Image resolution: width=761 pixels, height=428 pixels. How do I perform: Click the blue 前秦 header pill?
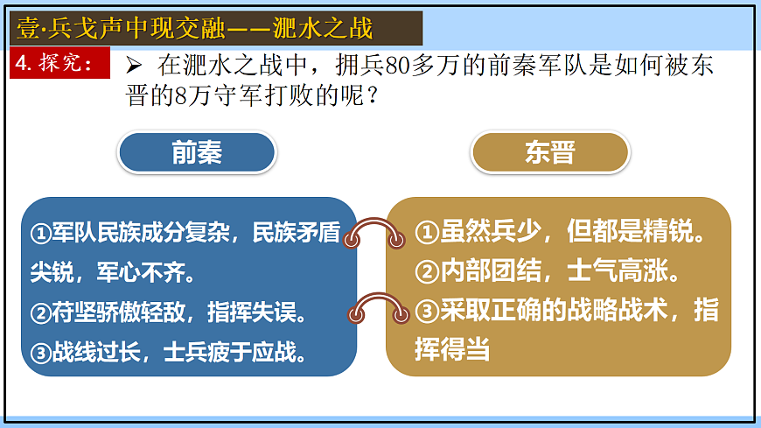(x=197, y=153)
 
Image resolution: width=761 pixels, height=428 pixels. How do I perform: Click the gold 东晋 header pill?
(x=550, y=153)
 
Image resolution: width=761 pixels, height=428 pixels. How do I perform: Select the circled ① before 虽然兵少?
(x=426, y=233)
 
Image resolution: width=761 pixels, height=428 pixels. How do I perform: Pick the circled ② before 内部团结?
(x=426, y=272)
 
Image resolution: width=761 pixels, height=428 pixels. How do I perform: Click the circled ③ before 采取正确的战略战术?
(x=426, y=311)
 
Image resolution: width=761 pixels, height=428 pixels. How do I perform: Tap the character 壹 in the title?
(x=29, y=29)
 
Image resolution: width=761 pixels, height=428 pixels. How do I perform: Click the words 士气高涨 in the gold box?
(x=628, y=272)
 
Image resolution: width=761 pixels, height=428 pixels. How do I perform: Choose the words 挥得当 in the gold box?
(x=451, y=349)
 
